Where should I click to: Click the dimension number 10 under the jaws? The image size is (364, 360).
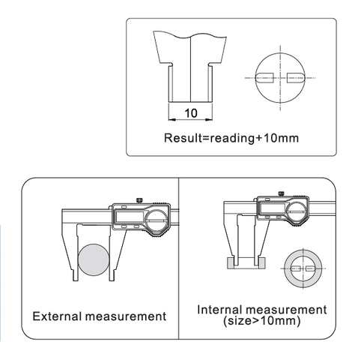tap(191, 113)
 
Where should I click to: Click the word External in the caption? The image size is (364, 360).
tap(58, 316)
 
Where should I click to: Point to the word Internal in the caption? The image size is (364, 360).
tap(219, 310)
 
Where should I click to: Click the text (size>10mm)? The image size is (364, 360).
tap(262, 321)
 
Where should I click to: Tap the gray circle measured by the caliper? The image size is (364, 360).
tap(94, 259)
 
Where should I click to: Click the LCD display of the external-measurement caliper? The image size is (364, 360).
tap(130, 217)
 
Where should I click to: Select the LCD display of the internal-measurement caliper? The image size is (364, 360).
tap(272, 208)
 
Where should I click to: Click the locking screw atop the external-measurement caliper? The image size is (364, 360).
tap(139, 200)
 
